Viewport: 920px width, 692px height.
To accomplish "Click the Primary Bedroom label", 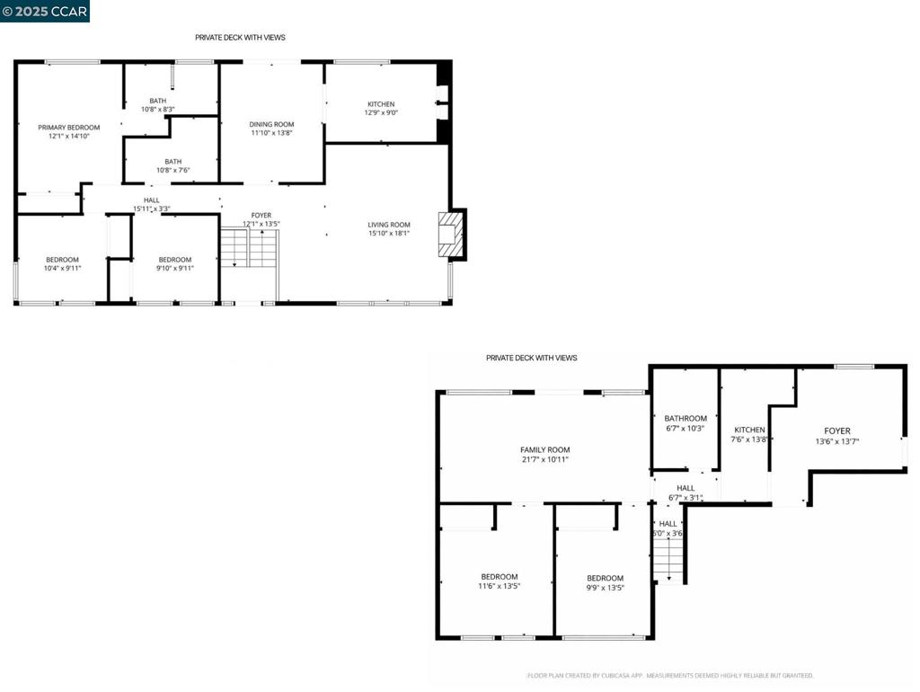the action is pyautogui.click(x=68, y=128).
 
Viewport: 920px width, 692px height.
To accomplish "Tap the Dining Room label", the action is pyautogui.click(x=271, y=124).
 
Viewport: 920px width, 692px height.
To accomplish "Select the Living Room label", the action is pyautogui.click(x=389, y=225).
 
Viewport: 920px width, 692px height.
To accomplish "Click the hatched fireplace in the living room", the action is pyautogui.click(x=451, y=235).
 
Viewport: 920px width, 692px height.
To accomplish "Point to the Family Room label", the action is pyautogui.click(x=545, y=450).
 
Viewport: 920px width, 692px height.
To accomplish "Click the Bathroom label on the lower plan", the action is pyautogui.click(x=686, y=419).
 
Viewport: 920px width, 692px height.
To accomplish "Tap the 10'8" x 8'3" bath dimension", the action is pyautogui.click(x=158, y=109).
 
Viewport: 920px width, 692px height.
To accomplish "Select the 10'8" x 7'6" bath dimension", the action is pyautogui.click(x=173, y=170).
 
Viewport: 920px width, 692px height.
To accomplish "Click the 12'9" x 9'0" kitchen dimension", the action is pyautogui.click(x=381, y=112).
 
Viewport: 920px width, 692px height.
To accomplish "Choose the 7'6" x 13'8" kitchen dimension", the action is pyautogui.click(x=749, y=439).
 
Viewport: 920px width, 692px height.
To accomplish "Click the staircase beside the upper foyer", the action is pyautogui.click(x=249, y=248).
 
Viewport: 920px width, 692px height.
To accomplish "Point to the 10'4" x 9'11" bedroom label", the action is pyautogui.click(x=62, y=264).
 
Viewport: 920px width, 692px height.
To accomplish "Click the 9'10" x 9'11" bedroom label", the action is pyautogui.click(x=175, y=264).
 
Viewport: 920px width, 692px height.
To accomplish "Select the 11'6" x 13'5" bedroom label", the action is pyautogui.click(x=500, y=581).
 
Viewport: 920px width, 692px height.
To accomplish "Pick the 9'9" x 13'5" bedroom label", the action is pyautogui.click(x=605, y=582).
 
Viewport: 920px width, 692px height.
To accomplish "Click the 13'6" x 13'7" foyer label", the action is pyautogui.click(x=837, y=436).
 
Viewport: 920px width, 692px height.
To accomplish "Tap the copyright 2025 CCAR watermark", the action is pyautogui.click(x=45, y=11).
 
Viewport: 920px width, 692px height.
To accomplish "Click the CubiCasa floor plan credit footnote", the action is pyautogui.click(x=670, y=676).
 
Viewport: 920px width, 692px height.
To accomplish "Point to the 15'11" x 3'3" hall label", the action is pyautogui.click(x=151, y=204).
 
